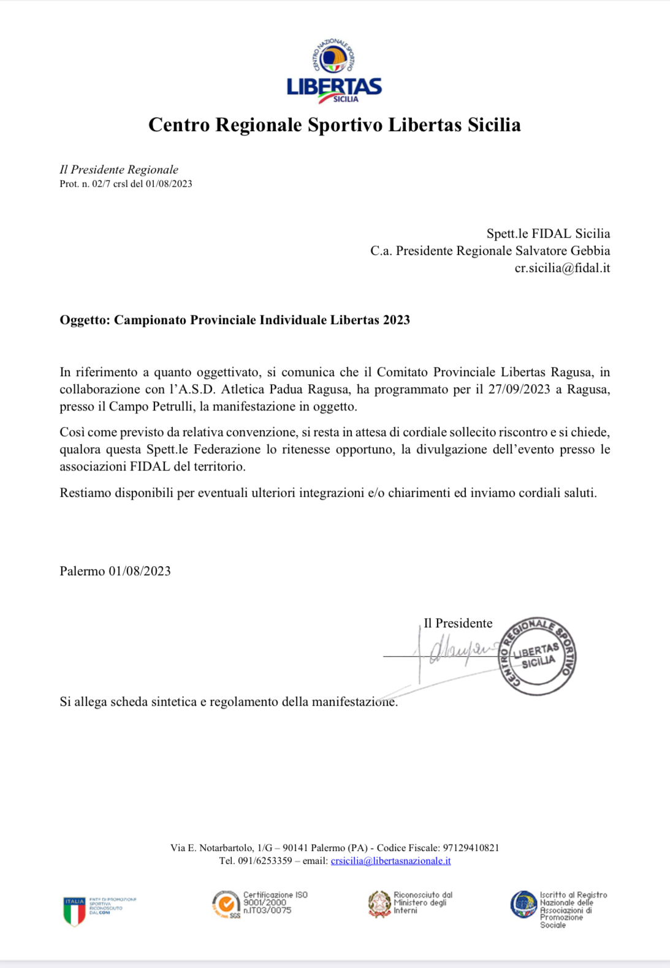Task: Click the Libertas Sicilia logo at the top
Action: click(334, 71)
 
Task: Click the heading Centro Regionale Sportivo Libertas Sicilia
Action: click(334, 125)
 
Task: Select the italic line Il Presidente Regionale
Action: click(119, 170)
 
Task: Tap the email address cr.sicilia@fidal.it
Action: click(562, 268)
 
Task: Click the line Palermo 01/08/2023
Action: click(115, 572)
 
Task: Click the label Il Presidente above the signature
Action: click(458, 624)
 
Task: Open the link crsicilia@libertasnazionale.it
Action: click(390, 861)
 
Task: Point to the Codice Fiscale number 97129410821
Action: click(471, 848)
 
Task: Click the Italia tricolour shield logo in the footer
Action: click(74, 910)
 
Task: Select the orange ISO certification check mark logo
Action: click(226, 904)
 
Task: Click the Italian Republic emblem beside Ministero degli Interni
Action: click(379, 904)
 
